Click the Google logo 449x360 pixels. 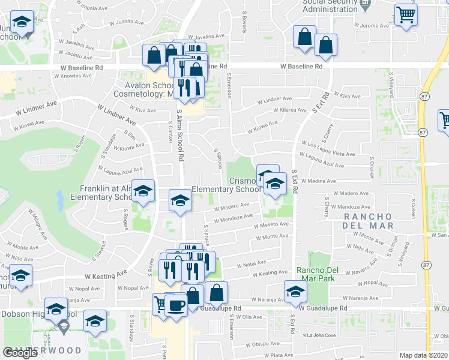[20, 353]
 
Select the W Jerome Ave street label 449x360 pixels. [372, 26]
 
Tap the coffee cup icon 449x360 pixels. [176, 305]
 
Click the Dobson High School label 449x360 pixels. [38, 314]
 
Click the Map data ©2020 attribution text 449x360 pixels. [424, 355]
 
